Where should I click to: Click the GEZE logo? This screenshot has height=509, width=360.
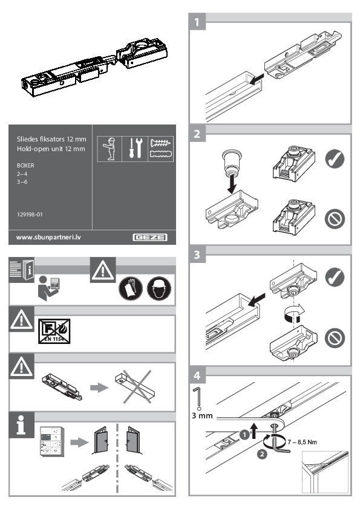pos(151,237)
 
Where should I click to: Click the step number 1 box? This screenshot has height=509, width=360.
pos(196,23)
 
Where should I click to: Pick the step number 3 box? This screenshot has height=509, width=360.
pos(196,255)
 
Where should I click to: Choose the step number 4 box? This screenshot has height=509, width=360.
pos(196,375)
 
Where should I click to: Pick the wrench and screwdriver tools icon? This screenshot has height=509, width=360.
pos(134,146)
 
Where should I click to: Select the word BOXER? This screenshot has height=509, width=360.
pos(26,164)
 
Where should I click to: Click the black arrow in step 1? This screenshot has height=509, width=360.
pos(257,78)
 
